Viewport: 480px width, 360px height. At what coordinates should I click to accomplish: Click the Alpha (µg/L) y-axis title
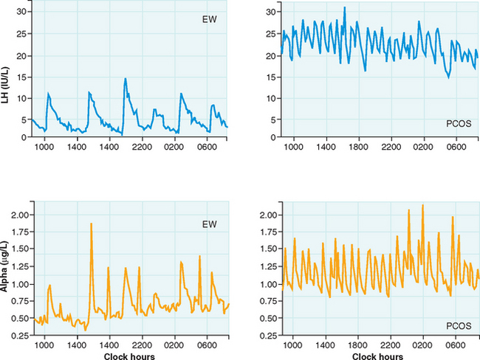coord(7,274)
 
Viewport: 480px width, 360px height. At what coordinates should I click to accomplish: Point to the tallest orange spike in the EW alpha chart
coord(91,223)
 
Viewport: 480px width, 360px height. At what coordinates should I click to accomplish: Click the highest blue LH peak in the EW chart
coord(126,78)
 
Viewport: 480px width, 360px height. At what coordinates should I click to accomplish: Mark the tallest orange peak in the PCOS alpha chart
coord(422,205)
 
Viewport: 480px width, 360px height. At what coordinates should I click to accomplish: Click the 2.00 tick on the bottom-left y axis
coord(20,215)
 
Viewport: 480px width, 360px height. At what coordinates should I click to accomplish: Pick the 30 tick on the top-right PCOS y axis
coord(271,13)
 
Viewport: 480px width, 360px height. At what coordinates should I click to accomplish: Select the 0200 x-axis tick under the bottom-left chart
coord(174,345)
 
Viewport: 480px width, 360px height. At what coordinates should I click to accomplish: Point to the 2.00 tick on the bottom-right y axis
coord(270,215)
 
